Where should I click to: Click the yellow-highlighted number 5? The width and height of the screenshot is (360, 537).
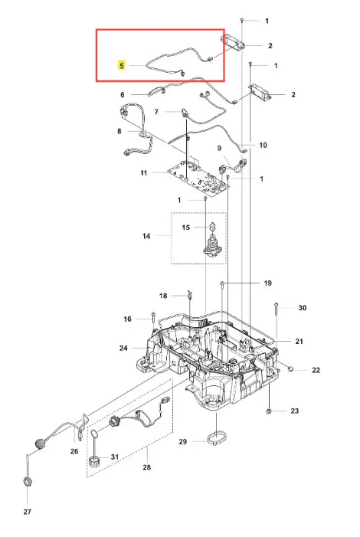point(122,65)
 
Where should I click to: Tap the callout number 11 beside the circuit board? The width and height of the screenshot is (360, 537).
point(144,173)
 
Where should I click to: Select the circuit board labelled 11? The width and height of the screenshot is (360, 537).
point(198,178)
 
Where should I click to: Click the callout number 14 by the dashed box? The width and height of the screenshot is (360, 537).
point(146,236)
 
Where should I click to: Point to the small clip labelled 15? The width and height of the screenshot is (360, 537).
point(213,227)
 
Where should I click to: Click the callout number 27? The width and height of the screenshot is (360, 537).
point(28,512)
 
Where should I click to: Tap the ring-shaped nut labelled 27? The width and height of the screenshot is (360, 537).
point(28,483)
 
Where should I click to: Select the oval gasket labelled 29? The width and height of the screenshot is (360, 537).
point(217,438)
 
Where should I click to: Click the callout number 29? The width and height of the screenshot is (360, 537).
point(183,441)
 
